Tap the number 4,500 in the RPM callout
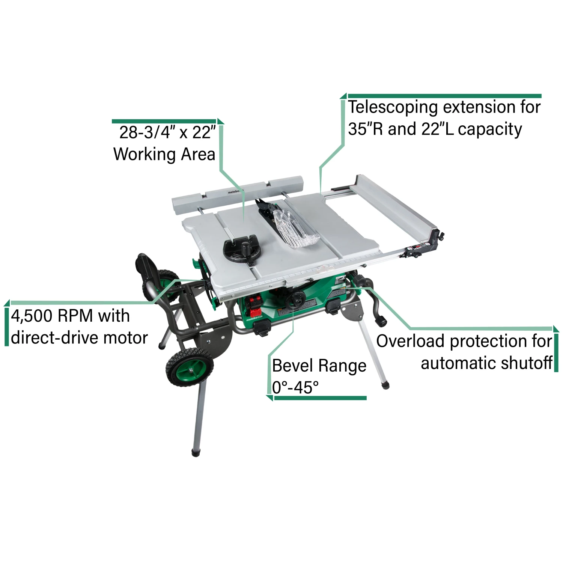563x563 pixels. pyautogui.click(x=32, y=316)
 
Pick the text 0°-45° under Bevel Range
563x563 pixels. pyautogui.click(x=295, y=387)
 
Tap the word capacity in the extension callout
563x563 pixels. pyautogui.click(x=490, y=129)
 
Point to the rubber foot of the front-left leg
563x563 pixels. pyautogui.click(x=195, y=453)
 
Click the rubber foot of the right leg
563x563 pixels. pyautogui.click(x=385, y=385)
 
